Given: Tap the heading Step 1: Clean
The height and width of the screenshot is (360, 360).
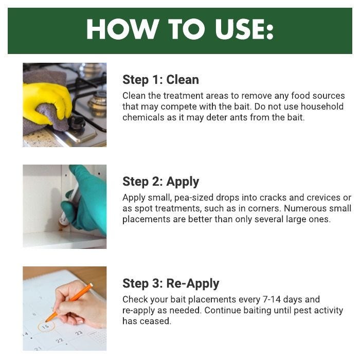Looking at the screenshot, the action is coord(160,80).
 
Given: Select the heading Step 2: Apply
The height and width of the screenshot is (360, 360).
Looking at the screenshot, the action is coord(160,182).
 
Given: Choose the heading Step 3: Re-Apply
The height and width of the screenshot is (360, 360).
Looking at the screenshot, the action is coord(171,283).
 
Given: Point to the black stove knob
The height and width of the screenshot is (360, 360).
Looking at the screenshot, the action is coord(77,122).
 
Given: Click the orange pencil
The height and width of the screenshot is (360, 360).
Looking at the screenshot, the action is coord(69,302).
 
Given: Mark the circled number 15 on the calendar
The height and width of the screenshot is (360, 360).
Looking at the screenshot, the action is coord(46,326).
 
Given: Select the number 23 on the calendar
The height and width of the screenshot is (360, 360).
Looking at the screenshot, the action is coord(79,333).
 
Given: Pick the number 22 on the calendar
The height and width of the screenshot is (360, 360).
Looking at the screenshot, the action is coord(60,340).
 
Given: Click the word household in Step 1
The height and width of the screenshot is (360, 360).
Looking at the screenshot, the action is coord(322,106).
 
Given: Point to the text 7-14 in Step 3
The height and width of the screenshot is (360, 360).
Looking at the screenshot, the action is coord(272,299).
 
